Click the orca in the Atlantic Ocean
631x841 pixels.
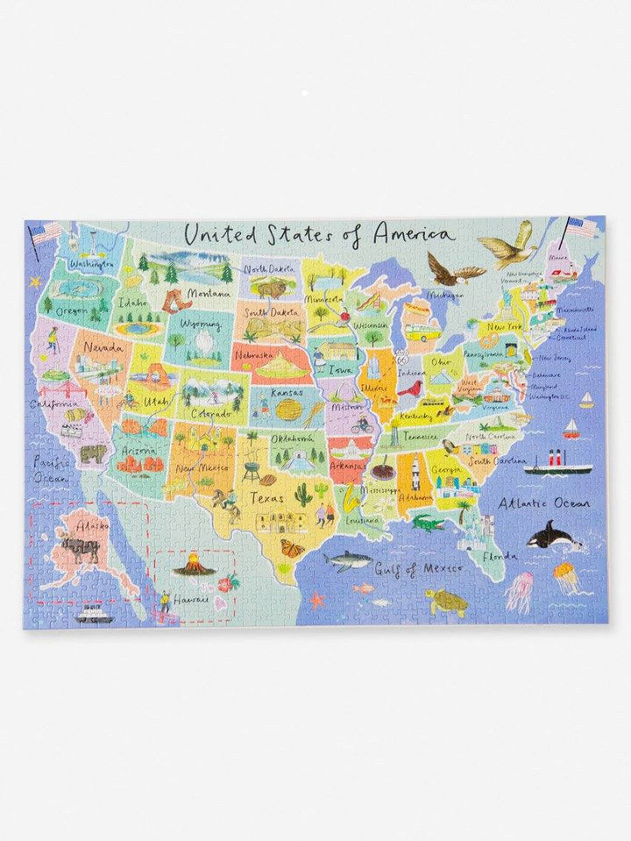(x=551, y=534)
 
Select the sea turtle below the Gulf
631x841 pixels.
(x=446, y=600)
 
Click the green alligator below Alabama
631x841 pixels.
(x=428, y=524)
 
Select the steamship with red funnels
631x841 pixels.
(x=557, y=463)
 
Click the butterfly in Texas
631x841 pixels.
(x=294, y=548)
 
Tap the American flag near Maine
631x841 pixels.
(x=581, y=229)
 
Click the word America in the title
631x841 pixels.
(x=413, y=234)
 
